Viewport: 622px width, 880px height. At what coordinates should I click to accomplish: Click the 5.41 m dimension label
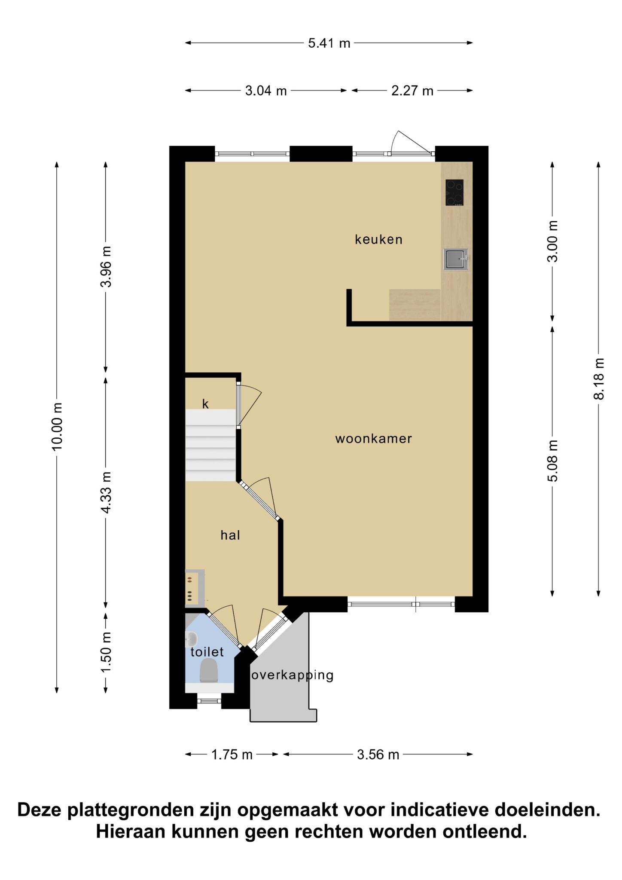(329, 43)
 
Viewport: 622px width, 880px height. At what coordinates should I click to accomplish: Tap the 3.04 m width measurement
(266, 91)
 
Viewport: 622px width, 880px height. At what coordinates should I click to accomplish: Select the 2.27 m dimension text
(412, 91)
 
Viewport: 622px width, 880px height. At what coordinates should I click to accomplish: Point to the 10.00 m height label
(57, 427)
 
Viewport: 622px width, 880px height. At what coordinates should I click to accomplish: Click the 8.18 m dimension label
(599, 379)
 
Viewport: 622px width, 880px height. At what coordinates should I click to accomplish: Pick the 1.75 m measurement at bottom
(232, 754)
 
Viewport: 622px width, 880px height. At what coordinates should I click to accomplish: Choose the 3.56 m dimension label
(378, 754)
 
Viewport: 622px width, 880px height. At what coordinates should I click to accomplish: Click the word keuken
(379, 239)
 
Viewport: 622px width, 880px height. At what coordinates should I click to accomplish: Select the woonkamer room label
(374, 439)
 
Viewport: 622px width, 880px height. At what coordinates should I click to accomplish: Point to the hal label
(230, 535)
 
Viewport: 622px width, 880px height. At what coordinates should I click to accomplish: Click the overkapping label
(292, 675)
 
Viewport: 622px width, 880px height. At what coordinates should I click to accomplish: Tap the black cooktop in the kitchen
(454, 192)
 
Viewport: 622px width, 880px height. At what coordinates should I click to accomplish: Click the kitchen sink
(456, 259)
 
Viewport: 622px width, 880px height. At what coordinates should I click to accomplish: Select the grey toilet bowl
(209, 670)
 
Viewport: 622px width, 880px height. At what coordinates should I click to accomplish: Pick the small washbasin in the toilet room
(191, 639)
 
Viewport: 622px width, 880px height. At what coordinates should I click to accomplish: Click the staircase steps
(210, 445)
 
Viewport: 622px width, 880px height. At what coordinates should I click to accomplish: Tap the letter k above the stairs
(205, 404)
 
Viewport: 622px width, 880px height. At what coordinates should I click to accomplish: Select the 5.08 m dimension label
(553, 461)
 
